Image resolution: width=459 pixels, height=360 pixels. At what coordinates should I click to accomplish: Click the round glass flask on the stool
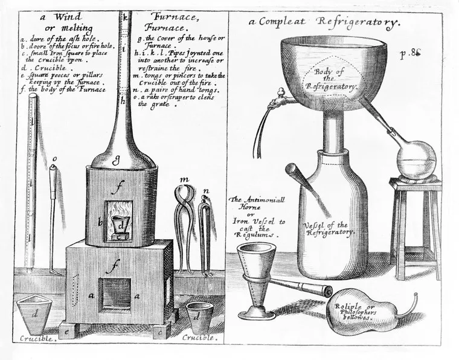[x=416, y=159]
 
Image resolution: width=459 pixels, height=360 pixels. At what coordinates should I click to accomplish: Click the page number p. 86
[x=410, y=54]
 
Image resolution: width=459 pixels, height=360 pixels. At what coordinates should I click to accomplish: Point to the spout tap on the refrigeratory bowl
[x=278, y=94]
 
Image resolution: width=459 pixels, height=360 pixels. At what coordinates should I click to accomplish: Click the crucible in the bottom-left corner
[x=34, y=317]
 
